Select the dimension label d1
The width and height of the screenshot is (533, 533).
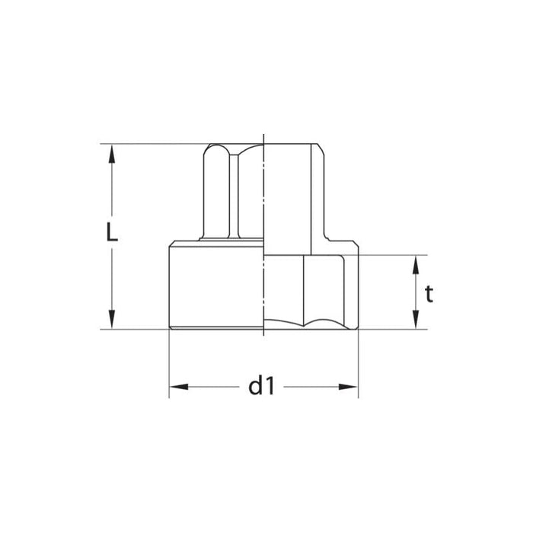tap(261, 387)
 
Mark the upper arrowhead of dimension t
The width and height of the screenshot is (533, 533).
tap(416, 263)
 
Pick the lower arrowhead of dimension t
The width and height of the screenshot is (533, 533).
tap(416, 321)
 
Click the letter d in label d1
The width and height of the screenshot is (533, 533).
tap(256, 387)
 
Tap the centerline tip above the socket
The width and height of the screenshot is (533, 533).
tap(263, 136)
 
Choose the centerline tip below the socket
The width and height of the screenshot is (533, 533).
tap(263, 336)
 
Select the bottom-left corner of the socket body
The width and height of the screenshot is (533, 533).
tap(169, 328)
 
